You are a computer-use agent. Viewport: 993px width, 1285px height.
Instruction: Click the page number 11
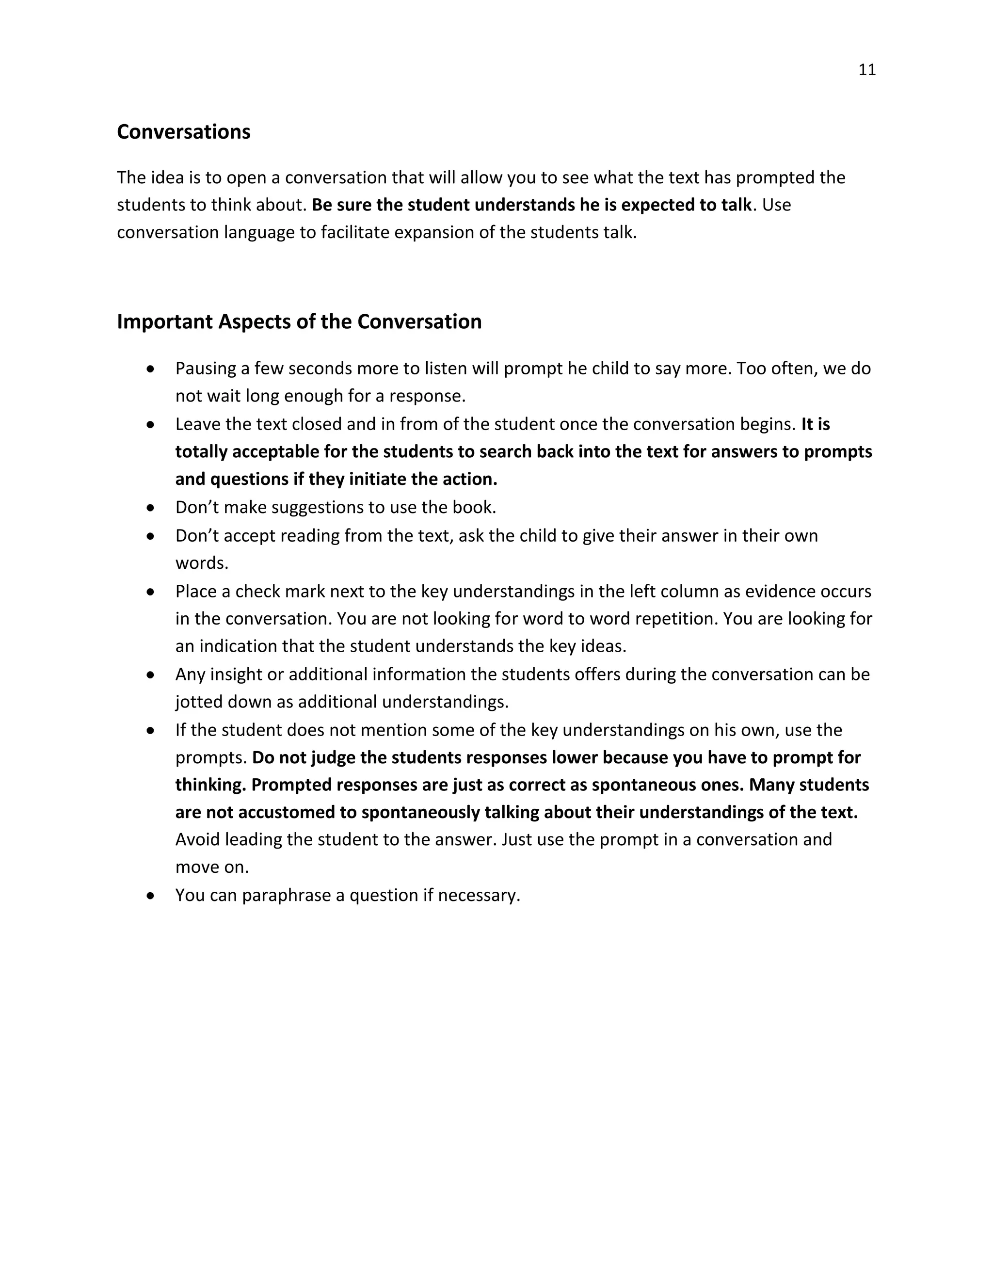point(867,70)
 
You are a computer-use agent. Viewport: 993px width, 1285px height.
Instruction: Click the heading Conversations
point(184,132)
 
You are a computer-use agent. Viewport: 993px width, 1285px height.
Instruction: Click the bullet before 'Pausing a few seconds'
point(151,369)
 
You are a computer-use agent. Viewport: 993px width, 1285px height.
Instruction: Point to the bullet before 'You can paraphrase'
point(151,896)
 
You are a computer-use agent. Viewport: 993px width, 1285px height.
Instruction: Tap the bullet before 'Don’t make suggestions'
point(151,507)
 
